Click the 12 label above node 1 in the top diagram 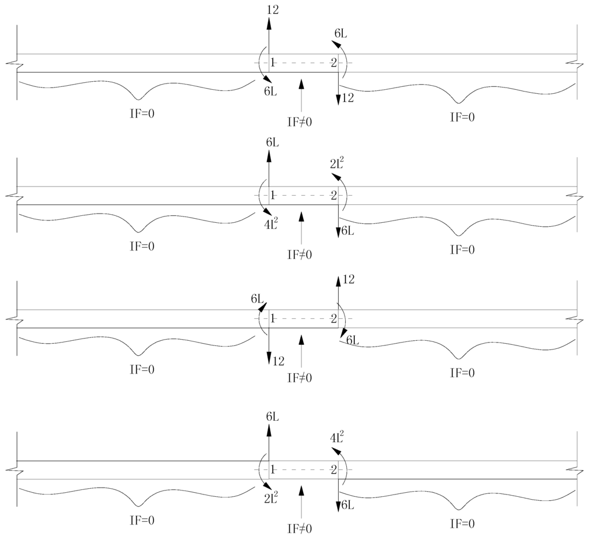point(273,9)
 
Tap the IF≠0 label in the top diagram point(300,121)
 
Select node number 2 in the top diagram point(333,63)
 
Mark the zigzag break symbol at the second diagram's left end point(12,195)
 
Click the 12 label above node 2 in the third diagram point(348,280)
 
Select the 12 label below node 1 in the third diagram point(278,362)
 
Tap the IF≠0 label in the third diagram point(300,378)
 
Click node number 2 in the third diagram point(333,318)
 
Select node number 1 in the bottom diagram point(273,470)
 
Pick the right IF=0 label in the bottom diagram point(462,524)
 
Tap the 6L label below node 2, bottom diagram point(347,505)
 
